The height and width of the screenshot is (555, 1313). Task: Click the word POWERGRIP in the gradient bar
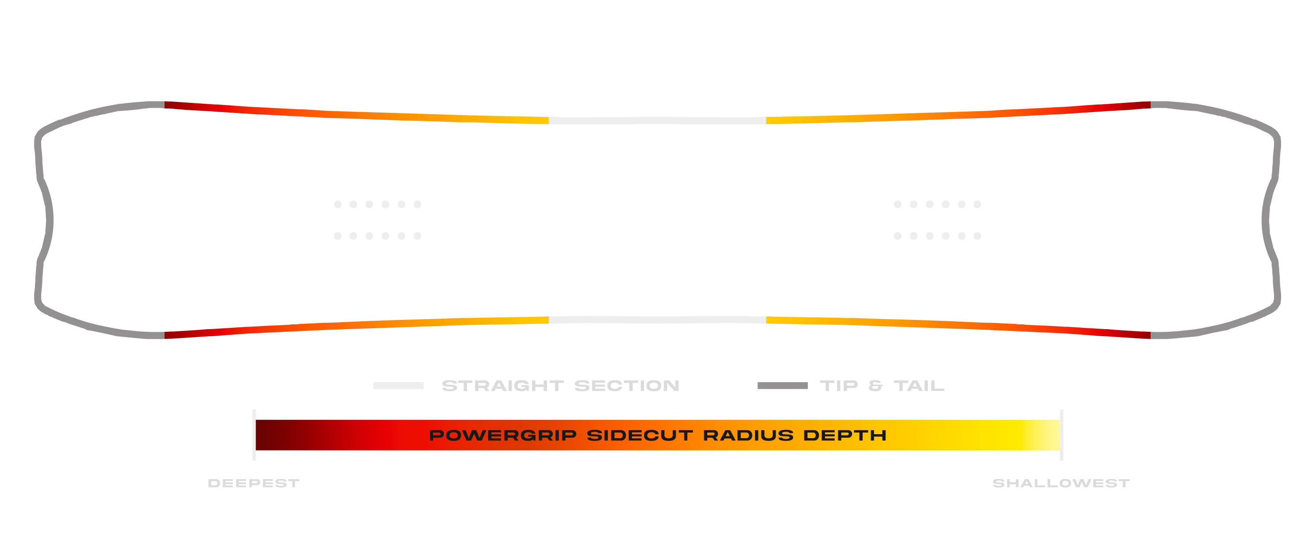pos(502,435)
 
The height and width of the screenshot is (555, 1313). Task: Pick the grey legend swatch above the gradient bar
pos(783,386)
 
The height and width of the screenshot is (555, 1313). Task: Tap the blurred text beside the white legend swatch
pos(560,386)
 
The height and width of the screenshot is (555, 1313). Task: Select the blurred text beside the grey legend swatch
pos(882,386)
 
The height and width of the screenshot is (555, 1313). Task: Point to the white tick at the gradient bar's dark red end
pos(255,434)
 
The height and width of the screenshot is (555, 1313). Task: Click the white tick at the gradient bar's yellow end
pos(1061,434)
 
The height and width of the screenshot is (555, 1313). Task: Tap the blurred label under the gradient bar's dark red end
pos(253,483)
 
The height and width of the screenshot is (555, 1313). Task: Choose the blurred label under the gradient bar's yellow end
pos(1060,483)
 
